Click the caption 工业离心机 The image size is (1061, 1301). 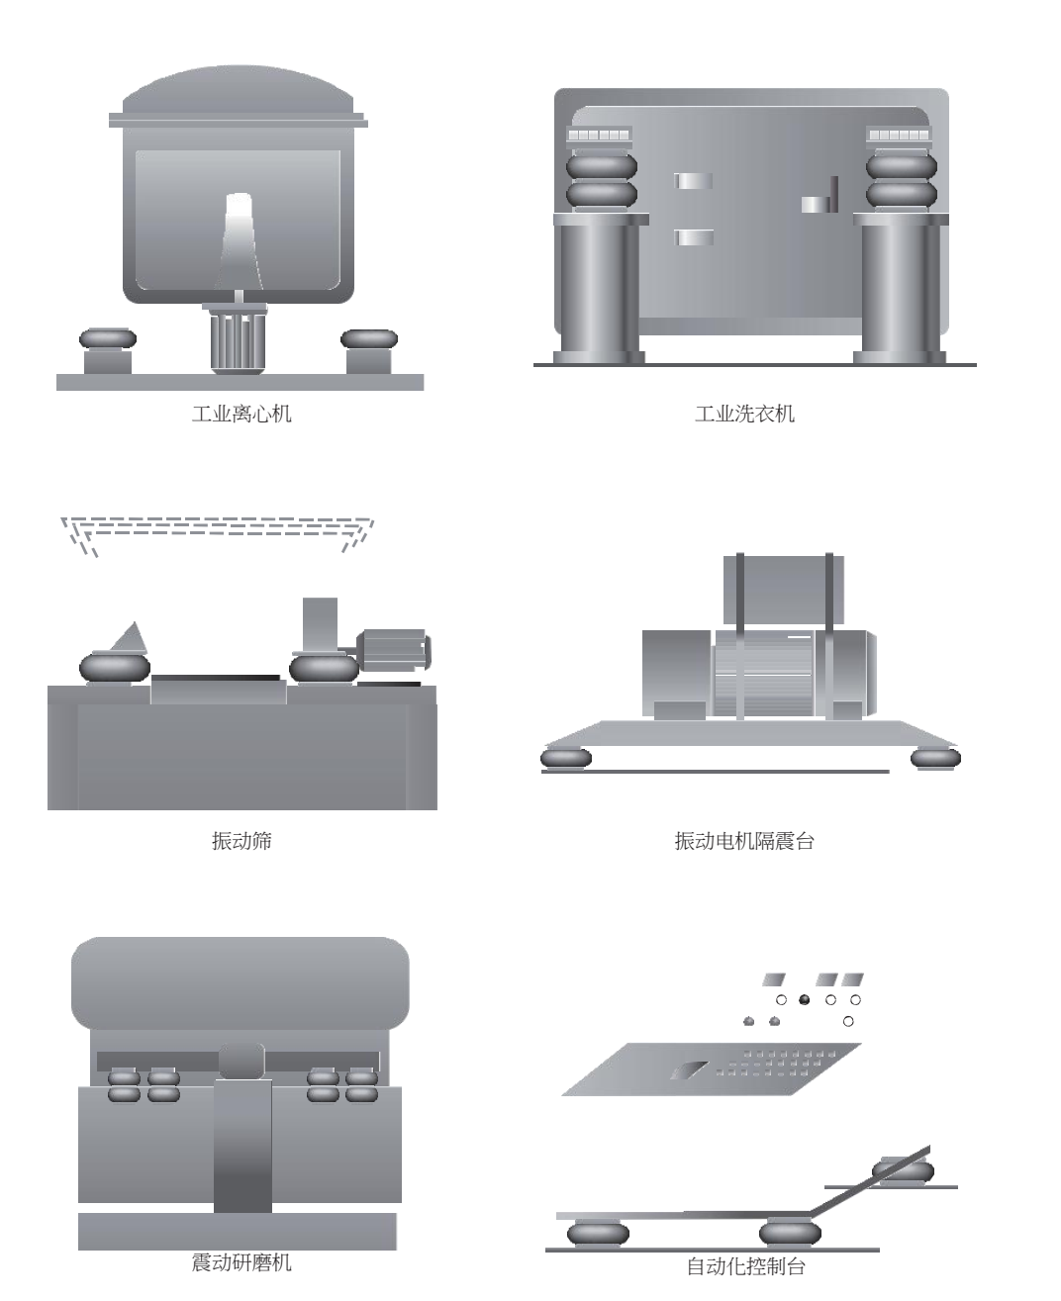pos(241,414)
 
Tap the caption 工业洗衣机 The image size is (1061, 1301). pos(744,414)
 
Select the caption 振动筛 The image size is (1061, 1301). pos(241,841)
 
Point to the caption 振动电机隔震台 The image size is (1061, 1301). pos(744,841)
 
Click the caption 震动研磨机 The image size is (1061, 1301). pos(241,1262)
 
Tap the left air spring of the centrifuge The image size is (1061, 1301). pos(108,339)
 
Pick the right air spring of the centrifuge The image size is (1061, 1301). pos(369,339)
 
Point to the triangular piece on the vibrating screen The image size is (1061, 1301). pos(129,638)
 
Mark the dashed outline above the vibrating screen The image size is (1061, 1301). pos(218,527)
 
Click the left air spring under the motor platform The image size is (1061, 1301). pos(566,759)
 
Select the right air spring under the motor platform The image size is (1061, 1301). pos(935,759)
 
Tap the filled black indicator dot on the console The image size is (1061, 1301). pos(804,1000)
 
